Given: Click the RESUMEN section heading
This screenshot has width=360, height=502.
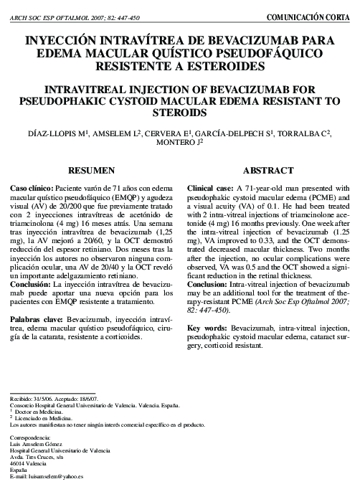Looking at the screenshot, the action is pyautogui.click(x=91, y=171).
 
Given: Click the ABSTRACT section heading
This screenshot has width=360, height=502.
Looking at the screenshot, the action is pyautogui.click(x=267, y=171).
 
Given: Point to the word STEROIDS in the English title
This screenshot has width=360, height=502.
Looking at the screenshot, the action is pyautogui.click(x=179, y=114).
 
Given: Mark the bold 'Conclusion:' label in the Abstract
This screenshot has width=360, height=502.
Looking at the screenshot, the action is pyautogui.click(x=209, y=285).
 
